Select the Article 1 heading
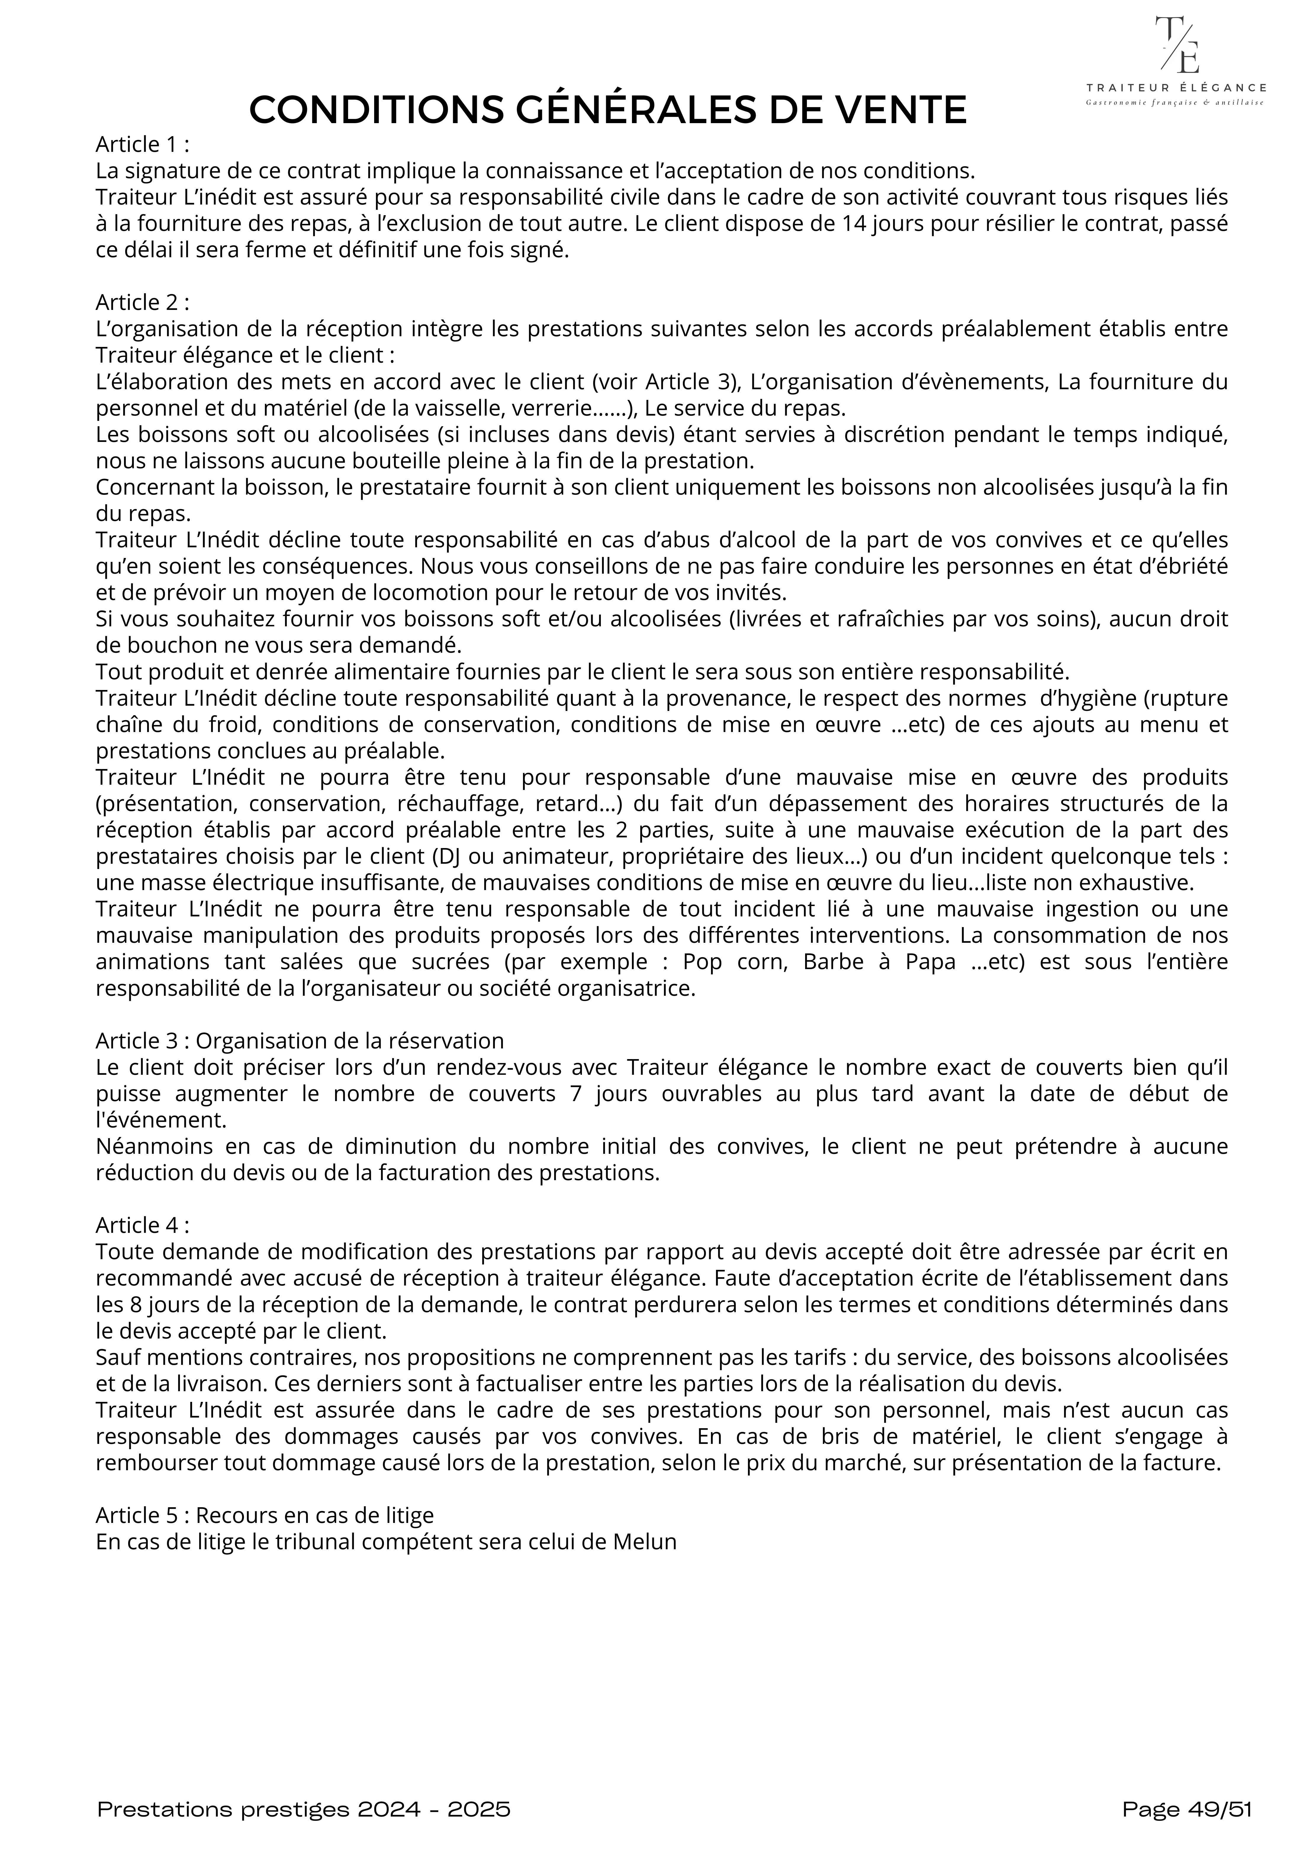point(142,145)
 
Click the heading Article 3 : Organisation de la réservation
point(300,1040)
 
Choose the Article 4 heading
point(142,1225)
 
